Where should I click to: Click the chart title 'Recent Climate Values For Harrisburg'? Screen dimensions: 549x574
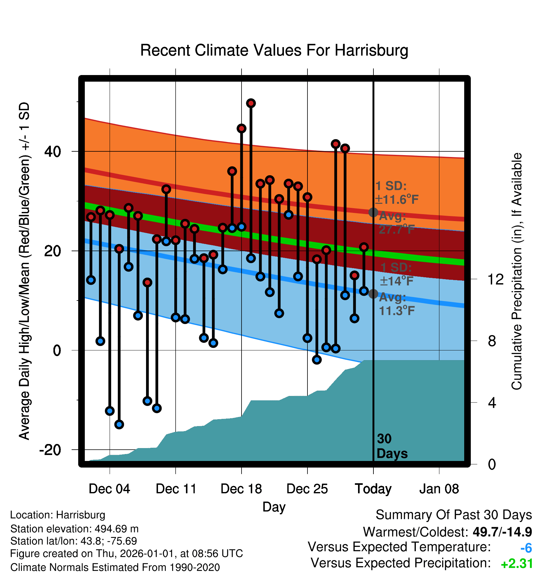point(274,50)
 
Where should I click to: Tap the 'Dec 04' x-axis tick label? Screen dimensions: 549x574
point(109,489)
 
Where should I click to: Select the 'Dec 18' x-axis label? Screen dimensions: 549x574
point(241,489)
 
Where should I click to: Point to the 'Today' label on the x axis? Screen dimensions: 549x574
point(373,489)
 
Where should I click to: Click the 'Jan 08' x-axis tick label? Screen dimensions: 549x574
point(439,489)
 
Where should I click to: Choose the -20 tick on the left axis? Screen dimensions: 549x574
point(50,450)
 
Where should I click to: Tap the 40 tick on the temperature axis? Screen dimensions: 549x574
point(52,151)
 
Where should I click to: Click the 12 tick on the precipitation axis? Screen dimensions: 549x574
point(496,279)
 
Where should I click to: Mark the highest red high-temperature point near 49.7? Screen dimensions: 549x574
point(251,103)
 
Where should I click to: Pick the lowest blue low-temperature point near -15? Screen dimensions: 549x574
point(119,424)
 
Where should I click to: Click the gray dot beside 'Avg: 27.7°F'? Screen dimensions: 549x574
point(373,212)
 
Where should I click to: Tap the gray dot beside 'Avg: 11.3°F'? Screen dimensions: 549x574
point(373,294)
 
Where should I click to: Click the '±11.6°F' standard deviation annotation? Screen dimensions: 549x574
point(397,199)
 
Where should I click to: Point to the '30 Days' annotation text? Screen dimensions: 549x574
point(392,446)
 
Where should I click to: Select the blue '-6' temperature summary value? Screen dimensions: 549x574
point(526,548)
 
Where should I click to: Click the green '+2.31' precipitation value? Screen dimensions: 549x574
point(517,564)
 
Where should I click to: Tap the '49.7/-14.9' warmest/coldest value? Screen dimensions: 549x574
point(502,532)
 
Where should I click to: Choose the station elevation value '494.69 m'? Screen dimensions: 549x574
point(117,529)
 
